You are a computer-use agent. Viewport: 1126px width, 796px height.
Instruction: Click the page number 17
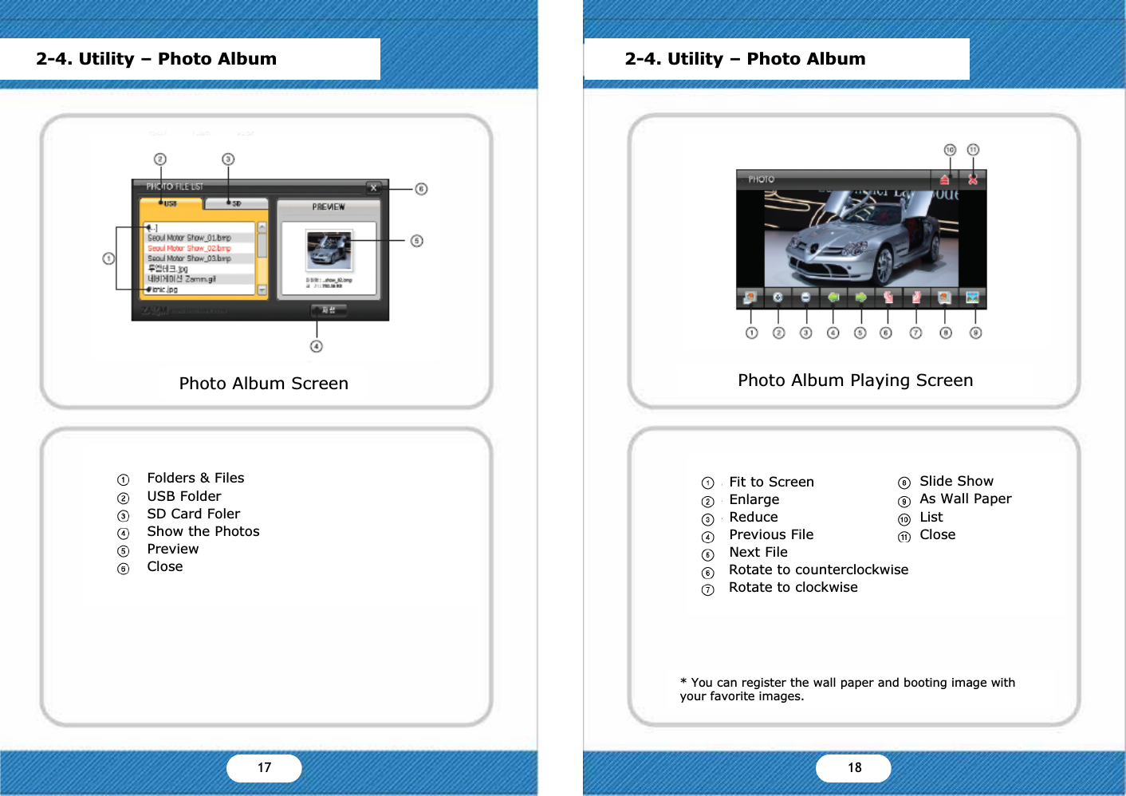264,767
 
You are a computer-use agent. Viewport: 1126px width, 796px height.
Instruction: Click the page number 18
854,767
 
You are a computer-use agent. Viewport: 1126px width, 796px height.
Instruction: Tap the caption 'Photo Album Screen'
263,384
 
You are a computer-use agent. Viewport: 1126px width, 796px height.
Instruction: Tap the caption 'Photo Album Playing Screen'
855,380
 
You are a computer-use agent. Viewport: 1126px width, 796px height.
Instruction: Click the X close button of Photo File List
373,188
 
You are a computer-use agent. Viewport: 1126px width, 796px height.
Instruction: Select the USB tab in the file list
171,203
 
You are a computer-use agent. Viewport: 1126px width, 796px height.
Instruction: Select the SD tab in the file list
236,203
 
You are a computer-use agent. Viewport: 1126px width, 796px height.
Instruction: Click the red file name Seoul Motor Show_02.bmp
189,248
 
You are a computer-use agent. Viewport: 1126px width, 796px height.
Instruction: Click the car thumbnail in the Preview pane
329,250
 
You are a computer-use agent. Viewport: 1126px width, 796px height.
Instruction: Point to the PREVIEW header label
329,207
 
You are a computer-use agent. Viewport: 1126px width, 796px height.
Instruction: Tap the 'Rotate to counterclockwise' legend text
818,569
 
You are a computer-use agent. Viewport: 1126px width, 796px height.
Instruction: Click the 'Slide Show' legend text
956,481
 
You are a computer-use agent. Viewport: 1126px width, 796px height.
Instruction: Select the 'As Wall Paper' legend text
965,498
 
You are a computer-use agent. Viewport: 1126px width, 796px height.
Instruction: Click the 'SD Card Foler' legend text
193,514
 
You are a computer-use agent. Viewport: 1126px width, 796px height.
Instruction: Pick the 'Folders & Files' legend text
195,478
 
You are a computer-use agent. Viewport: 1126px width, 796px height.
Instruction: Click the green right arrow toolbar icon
860,298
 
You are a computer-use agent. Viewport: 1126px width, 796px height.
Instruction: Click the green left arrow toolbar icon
833,298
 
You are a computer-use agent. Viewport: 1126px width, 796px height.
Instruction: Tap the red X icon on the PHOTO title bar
973,179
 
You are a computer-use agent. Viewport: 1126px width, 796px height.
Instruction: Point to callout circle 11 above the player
973,150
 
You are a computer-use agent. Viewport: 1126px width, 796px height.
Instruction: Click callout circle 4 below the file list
317,346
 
